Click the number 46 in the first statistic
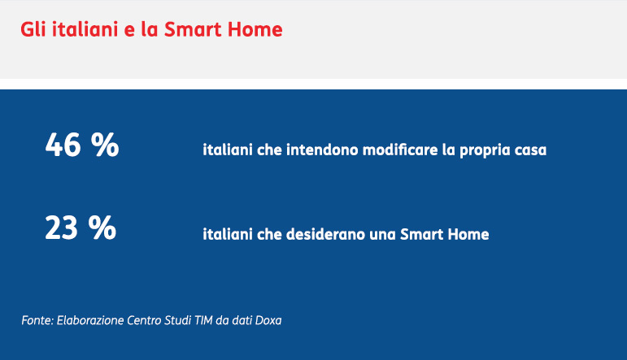(x=63, y=145)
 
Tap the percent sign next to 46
(x=105, y=145)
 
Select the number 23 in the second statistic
(x=61, y=228)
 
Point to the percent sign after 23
(x=102, y=228)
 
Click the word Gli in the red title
(x=33, y=29)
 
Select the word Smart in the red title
(x=193, y=29)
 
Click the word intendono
(x=322, y=150)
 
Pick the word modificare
(x=400, y=150)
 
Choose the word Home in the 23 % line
(x=468, y=234)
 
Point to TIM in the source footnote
(x=203, y=320)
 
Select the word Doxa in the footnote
(x=268, y=320)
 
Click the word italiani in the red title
(x=85, y=29)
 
